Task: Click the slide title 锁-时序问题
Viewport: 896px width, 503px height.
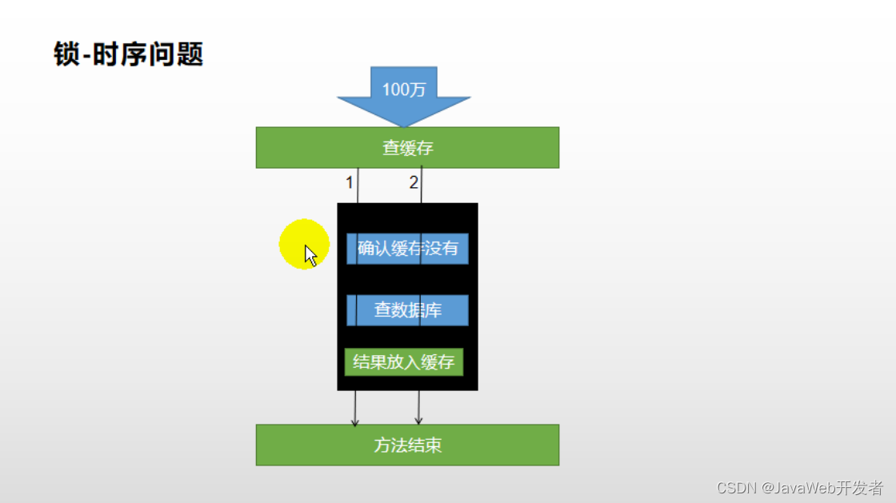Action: pos(128,54)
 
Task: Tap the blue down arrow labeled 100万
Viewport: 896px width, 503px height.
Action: pos(404,96)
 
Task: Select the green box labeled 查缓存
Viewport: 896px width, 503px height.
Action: pos(407,148)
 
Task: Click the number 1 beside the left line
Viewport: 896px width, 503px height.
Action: pos(349,183)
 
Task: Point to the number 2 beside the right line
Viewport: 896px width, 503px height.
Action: pos(414,183)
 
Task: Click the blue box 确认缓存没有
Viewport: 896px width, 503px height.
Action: pos(407,249)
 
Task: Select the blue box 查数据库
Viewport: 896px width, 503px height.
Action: pos(407,310)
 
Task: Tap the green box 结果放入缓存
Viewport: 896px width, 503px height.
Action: pos(403,362)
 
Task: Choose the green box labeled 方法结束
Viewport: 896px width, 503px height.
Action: pos(407,445)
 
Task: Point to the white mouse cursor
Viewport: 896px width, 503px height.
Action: pos(310,255)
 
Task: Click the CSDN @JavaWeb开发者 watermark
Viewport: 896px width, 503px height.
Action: pos(800,488)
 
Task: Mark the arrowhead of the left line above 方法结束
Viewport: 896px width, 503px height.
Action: pos(355,421)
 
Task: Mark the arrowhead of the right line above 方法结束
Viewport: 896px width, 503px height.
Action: pos(418,421)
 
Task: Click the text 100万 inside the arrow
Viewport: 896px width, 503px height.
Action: pos(404,90)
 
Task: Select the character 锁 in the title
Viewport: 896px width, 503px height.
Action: pos(67,54)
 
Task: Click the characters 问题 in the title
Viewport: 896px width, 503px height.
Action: pos(178,54)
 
